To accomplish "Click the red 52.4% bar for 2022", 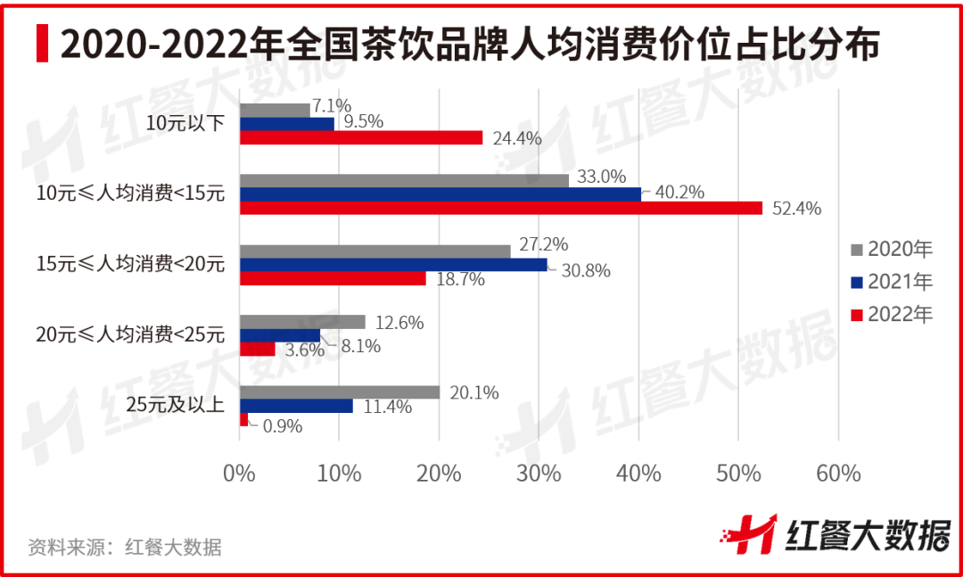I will pos(500,208).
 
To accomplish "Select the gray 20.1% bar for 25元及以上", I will pos(340,392).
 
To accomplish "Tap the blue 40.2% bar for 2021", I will pos(440,194).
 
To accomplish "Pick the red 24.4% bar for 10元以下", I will pos(361,137).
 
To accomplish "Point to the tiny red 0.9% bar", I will pos(243,420).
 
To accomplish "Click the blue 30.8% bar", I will pos(393,265).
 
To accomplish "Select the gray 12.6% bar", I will pos(302,322).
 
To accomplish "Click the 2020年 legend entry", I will pos(892,248).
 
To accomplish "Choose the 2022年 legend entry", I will pos(892,314).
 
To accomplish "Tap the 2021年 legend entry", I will pos(892,282).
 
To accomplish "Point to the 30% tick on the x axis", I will pos(539,473).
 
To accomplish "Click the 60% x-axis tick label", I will pos(838,473).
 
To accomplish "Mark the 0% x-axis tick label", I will pos(239,473).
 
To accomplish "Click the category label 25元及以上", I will pos(175,406).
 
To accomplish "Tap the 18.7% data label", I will pos(461,280).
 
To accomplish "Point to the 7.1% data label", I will pos(332,104).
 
